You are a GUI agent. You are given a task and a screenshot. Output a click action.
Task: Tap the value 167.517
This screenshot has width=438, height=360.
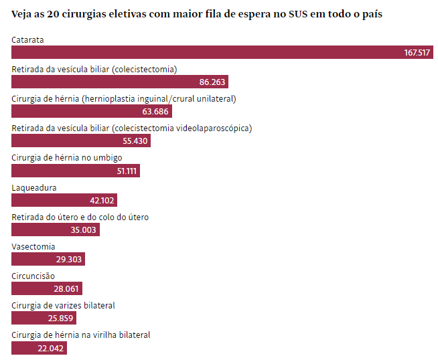coord(417,53)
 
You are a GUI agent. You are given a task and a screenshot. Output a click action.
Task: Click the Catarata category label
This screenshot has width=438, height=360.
coord(28,40)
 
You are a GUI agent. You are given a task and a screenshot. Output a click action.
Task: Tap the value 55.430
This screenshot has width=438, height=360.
coord(135,141)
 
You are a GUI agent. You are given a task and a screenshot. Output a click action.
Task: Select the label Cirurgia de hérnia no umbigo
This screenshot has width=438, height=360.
coord(67,158)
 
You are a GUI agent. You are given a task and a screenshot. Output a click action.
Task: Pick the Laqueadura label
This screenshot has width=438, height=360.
coord(34,187)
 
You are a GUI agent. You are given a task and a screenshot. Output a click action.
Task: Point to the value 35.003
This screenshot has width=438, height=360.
coord(84,230)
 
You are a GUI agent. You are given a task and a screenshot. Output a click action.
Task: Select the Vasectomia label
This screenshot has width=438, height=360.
coord(33,246)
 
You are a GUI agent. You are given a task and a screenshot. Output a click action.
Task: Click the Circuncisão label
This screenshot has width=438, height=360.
coord(33,276)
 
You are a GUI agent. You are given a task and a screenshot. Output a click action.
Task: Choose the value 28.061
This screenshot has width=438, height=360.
coord(66,288)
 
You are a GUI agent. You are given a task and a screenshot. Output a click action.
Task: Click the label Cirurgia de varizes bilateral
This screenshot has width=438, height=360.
coord(64,305)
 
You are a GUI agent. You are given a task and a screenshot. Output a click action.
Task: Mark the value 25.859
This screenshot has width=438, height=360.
coord(62,318)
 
